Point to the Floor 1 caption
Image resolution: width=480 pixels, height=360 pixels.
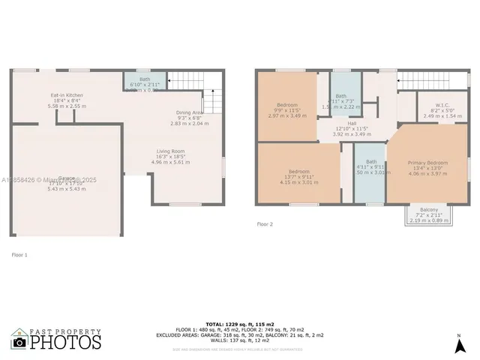pyautogui.click(x=19, y=255)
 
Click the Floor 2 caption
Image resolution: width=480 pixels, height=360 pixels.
pyautogui.click(x=265, y=223)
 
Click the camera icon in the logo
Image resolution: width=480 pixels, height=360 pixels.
pyautogui.click(x=19, y=341)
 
